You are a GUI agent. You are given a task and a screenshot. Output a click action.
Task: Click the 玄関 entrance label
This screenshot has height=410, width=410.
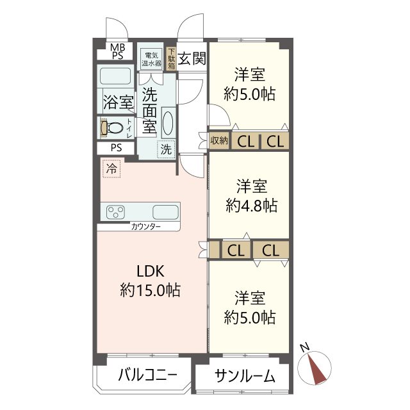click(x=192, y=58)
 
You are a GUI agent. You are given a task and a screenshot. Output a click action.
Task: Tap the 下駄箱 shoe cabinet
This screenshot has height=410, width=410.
click(x=171, y=58)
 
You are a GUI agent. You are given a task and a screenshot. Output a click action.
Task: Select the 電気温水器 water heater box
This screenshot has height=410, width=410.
click(x=151, y=59)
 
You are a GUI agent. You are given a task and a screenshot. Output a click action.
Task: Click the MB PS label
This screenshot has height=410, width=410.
click(x=117, y=51)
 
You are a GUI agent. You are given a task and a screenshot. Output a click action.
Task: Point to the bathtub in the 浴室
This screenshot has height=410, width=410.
click(x=115, y=76)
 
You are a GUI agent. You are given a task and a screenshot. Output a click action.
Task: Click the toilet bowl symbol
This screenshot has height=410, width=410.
click(x=113, y=128)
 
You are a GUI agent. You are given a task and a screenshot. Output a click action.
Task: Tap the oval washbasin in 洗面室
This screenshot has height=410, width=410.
click(x=168, y=122)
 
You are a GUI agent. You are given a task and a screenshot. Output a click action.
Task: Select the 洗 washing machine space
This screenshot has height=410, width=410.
click(x=166, y=149)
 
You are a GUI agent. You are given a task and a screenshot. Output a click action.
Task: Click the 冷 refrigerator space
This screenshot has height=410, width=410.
click(x=111, y=168)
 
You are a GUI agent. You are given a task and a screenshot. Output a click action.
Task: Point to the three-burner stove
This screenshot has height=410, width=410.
click(x=115, y=212)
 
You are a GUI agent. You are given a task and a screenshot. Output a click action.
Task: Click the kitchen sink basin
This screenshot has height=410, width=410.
click(x=165, y=212)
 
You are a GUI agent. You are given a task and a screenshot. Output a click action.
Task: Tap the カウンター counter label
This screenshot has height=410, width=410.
click(x=145, y=226)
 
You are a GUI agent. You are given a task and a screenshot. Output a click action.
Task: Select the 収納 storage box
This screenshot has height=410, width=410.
click(x=219, y=141)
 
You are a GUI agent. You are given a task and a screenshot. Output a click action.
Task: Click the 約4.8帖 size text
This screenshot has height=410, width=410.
click(x=251, y=205)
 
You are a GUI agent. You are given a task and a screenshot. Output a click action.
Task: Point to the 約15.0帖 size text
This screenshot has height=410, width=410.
click(x=150, y=290)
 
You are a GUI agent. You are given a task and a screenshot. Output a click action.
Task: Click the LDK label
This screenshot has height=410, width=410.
click(x=151, y=271)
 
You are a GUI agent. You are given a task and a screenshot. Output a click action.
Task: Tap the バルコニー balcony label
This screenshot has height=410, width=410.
click(x=147, y=375)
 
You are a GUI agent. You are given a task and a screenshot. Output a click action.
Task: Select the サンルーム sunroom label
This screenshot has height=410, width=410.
click(x=245, y=376)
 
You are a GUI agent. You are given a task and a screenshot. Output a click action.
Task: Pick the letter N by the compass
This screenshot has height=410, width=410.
click(x=305, y=347)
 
